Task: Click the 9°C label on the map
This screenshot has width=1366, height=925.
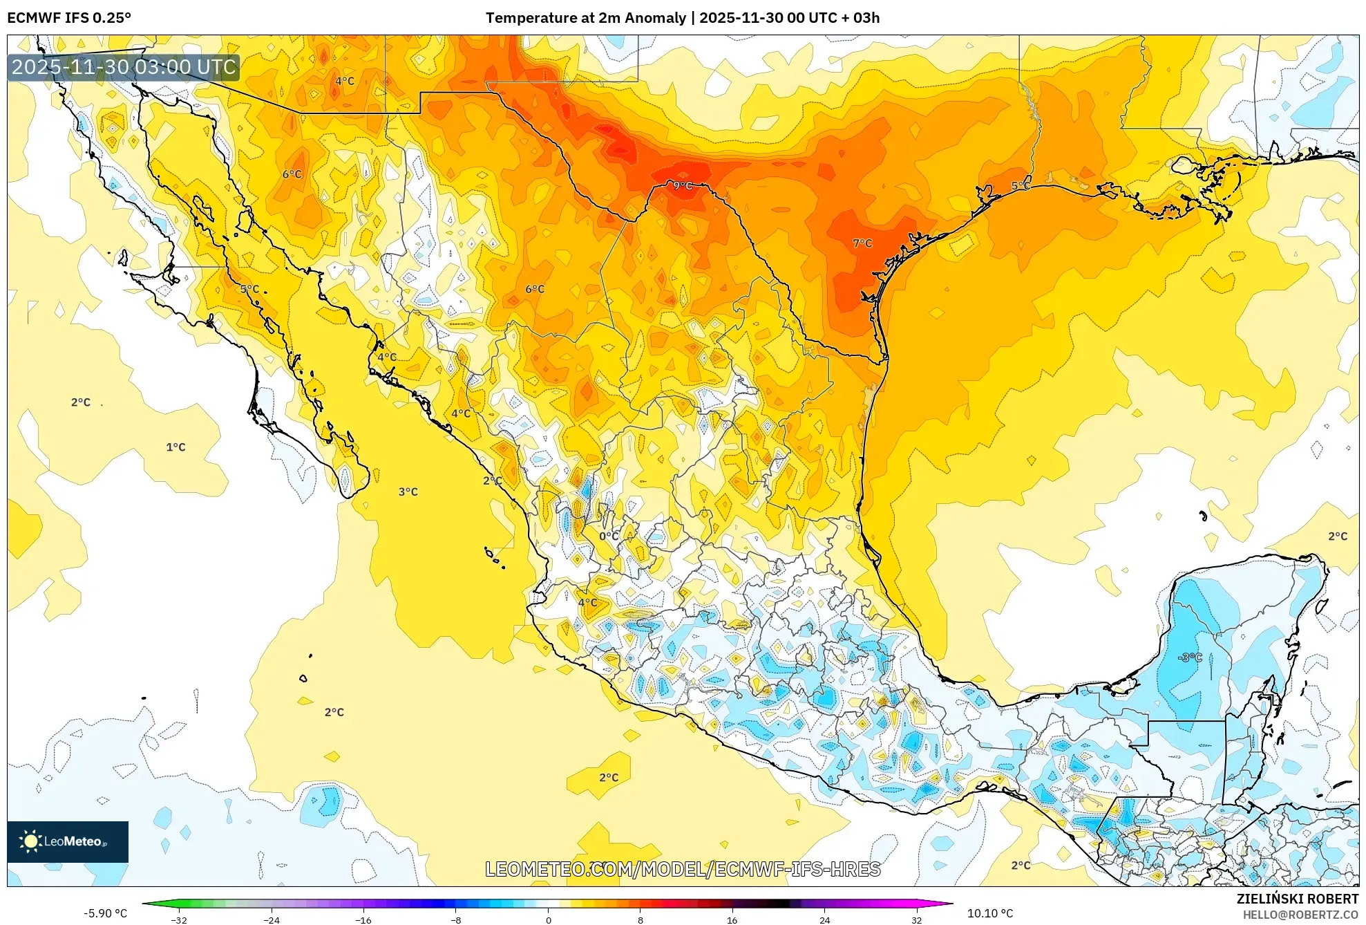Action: pyautogui.click(x=683, y=185)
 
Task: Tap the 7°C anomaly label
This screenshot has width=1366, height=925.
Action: pyautogui.click(x=862, y=243)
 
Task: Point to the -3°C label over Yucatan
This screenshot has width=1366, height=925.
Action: pyautogui.click(x=1190, y=657)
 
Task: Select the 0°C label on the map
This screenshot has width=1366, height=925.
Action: pyautogui.click(x=609, y=536)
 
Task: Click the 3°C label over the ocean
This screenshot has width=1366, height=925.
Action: pyautogui.click(x=408, y=492)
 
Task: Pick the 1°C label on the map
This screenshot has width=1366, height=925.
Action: pyautogui.click(x=176, y=447)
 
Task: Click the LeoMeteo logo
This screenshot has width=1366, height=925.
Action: pyautogui.click(x=68, y=841)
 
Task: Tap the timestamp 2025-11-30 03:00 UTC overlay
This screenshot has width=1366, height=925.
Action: pyautogui.click(x=124, y=67)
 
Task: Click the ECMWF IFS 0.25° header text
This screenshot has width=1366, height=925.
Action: pyautogui.click(x=69, y=18)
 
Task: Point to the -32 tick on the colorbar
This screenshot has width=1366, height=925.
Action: pyautogui.click(x=179, y=920)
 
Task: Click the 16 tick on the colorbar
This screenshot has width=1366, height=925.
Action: pyautogui.click(x=732, y=920)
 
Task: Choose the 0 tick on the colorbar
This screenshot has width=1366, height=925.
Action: pyautogui.click(x=548, y=920)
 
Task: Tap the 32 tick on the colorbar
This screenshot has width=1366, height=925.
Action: pyautogui.click(x=916, y=920)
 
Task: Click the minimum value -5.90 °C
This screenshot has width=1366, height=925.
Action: pyautogui.click(x=106, y=913)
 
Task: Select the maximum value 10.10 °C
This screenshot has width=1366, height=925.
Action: pyautogui.click(x=989, y=913)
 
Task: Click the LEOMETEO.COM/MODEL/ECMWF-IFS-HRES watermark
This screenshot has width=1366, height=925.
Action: pyautogui.click(x=683, y=869)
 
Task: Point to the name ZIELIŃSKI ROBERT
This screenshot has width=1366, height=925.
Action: pyautogui.click(x=1297, y=899)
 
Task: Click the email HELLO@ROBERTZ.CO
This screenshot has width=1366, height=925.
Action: pyautogui.click(x=1300, y=915)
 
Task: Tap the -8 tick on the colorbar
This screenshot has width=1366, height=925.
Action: pyautogui.click(x=455, y=920)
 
